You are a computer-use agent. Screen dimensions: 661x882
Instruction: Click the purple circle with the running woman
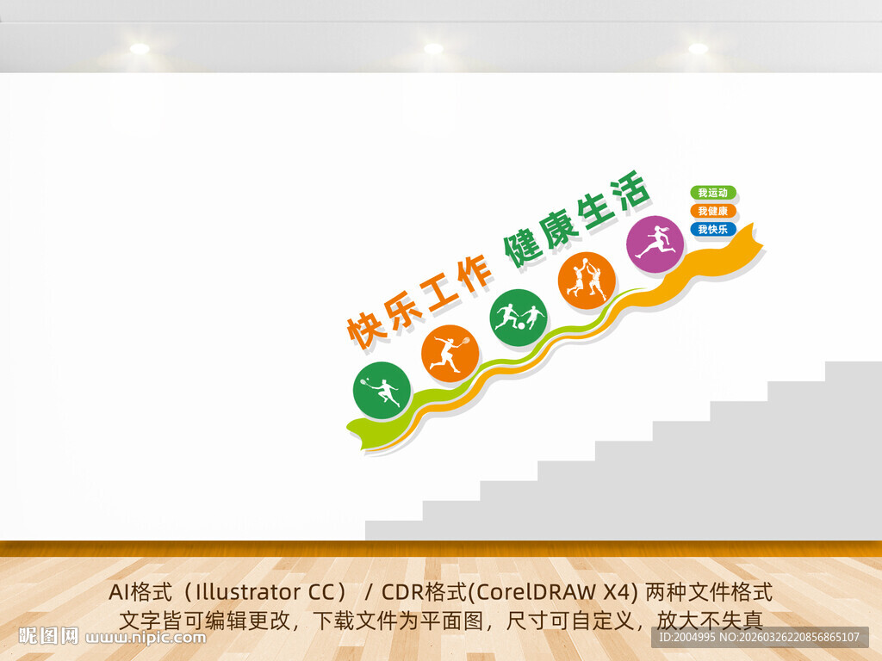(x=655, y=244)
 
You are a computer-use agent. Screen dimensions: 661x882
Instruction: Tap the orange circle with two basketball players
(x=587, y=281)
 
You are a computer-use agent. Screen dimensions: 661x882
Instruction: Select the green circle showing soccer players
(x=519, y=318)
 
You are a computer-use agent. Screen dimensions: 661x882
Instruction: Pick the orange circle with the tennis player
(x=450, y=354)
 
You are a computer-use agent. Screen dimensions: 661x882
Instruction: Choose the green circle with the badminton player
(x=382, y=391)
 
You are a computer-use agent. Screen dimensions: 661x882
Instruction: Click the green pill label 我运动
(x=713, y=193)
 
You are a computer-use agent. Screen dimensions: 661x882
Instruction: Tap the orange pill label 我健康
(x=713, y=211)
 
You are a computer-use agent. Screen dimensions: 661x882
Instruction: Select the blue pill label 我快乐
(x=713, y=229)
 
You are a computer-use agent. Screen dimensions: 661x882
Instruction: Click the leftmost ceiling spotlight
(x=140, y=49)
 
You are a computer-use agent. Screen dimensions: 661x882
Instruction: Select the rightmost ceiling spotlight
(x=698, y=49)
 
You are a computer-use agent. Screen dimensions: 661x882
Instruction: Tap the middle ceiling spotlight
(x=433, y=49)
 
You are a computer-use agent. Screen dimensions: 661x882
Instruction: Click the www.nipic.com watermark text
(x=146, y=638)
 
